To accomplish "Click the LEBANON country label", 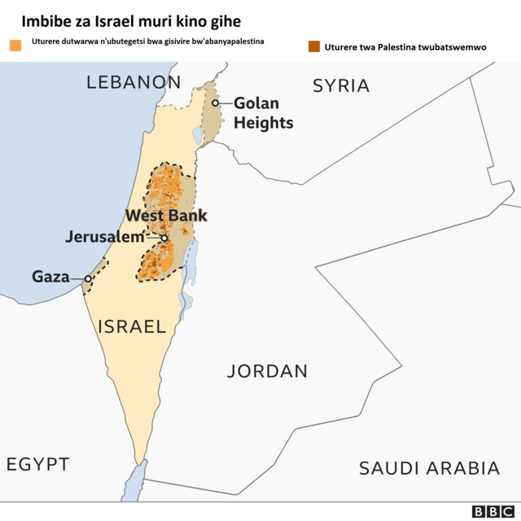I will tap(134, 81).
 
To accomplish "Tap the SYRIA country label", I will tap(341, 85).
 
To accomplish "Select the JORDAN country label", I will tap(267, 371).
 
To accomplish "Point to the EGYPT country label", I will tap(38, 464).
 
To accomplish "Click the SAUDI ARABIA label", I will tap(429, 468).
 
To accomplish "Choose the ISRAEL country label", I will tap(132, 327).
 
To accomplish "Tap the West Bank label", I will tap(165, 216).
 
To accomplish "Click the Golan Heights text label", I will tap(263, 113).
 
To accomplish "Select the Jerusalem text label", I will tap(111, 238).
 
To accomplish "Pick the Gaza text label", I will tap(50, 277).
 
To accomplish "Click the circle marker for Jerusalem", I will tap(164, 239).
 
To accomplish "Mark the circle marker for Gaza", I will tap(88, 278).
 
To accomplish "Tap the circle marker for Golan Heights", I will tap(215, 103).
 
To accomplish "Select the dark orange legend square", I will tap(314, 46).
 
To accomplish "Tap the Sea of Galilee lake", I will tap(198, 134).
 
